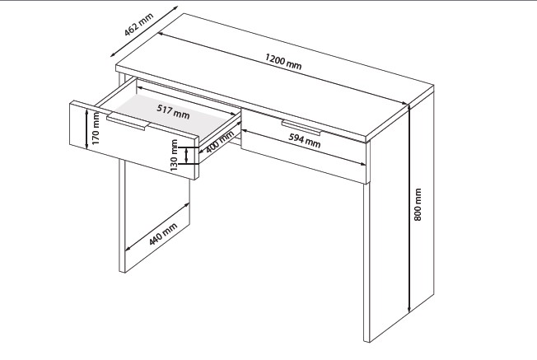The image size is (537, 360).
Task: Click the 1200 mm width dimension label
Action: coord(283,62)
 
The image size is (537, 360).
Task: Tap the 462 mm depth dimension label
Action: coord(138,25)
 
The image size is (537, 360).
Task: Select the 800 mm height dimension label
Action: coord(418,204)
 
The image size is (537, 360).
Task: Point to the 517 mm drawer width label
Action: coord(173,111)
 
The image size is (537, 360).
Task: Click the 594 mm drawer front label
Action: coord(305,140)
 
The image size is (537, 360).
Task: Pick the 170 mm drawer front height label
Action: coord(96,129)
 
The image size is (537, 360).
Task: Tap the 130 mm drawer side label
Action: coord(174,155)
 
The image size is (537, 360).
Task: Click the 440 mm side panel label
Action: coord(163,234)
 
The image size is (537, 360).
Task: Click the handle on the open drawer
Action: coord(128,122)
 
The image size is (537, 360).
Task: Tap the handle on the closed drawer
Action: coord(301,128)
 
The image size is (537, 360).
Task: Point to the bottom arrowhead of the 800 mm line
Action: coord(409,311)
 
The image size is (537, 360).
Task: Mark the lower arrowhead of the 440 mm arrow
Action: coord(128,248)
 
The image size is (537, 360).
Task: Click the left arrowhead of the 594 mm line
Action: coord(245,130)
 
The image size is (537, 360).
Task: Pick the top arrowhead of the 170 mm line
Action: coord(87,111)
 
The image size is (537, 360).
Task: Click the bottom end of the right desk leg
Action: coord(367,341)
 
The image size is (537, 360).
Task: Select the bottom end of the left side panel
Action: coord(122,271)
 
